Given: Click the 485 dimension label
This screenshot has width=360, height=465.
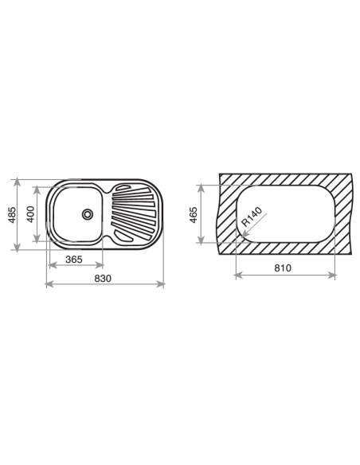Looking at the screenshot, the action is tap(12, 215).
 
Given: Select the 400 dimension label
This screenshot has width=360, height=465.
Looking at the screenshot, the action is tap(30, 214).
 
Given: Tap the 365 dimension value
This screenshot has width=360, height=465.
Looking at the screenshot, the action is tap(74, 260).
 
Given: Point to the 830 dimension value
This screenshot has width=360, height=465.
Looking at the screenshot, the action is tap(103, 279).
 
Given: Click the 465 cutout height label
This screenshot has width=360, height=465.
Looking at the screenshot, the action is tap(193, 215).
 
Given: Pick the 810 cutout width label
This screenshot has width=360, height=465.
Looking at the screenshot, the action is tap(283, 268).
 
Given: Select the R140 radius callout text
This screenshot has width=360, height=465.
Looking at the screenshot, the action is tap(252, 217).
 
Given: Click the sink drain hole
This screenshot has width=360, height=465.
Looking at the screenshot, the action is tap(88, 214).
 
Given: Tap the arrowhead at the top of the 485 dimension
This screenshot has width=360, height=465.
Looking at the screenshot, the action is tap(18, 182).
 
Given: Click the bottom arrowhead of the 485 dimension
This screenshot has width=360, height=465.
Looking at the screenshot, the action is tap(18, 248).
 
